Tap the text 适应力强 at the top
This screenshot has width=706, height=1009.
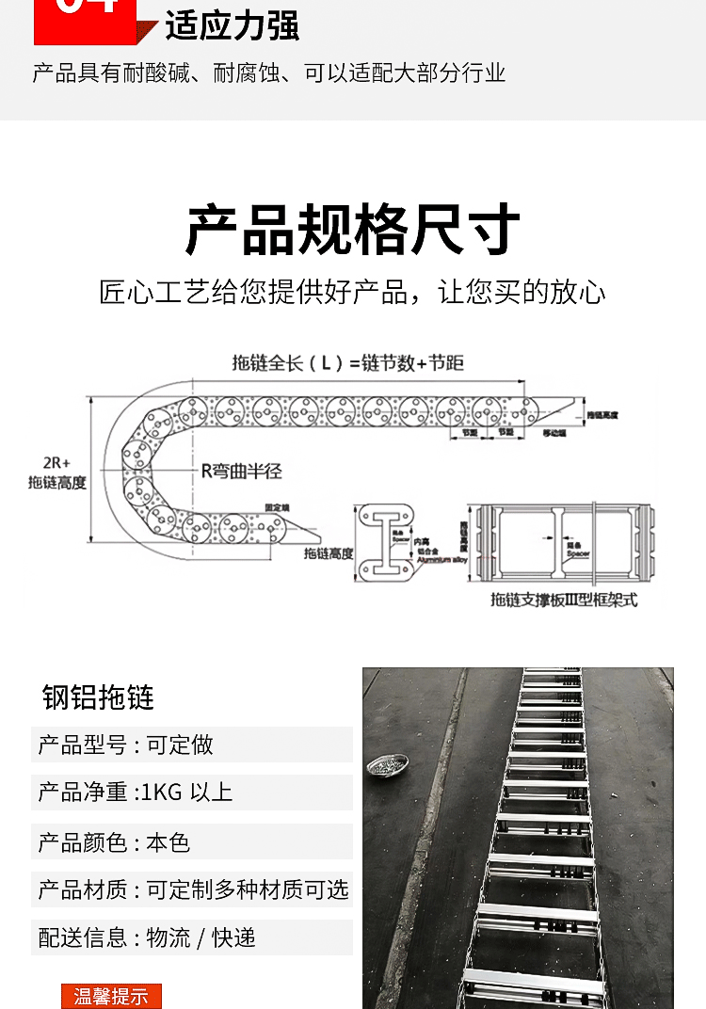click(232, 25)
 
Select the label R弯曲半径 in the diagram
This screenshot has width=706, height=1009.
click(242, 471)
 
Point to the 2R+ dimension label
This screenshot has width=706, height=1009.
click(56, 462)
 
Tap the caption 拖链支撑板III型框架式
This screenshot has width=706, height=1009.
click(562, 600)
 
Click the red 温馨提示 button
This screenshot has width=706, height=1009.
click(111, 996)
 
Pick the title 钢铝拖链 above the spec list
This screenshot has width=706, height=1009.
click(98, 697)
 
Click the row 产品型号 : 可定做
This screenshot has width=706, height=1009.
click(126, 745)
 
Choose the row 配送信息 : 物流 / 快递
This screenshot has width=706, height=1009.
click(147, 937)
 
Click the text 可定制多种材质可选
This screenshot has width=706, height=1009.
click(248, 889)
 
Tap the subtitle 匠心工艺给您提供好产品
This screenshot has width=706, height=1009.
click(253, 292)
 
